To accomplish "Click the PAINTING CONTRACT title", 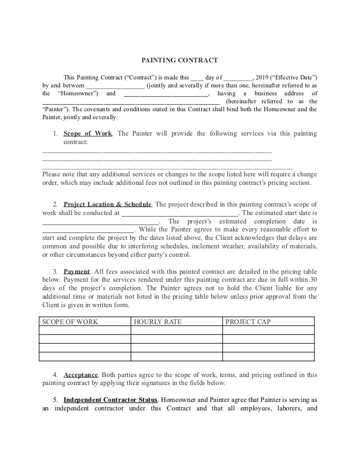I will click(179, 60).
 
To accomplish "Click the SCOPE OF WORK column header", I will click(70, 321).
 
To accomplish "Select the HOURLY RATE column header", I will click(158, 321).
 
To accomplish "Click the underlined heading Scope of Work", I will click(87, 133).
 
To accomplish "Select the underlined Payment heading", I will click(76, 271).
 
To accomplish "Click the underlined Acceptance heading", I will click(81, 375).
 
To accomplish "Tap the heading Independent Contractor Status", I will click(110, 400).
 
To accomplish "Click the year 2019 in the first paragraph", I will click(262, 77).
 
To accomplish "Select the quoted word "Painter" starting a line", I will click(53, 110).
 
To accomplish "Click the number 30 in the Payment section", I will click(313, 280).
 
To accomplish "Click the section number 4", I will click(55, 375).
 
